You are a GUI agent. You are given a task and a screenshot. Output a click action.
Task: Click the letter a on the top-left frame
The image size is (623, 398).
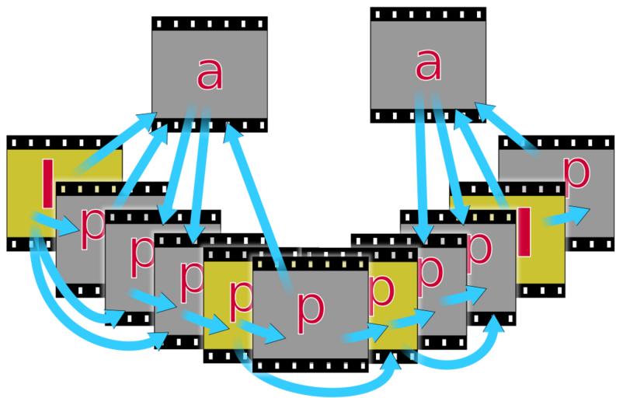click(x=206, y=75)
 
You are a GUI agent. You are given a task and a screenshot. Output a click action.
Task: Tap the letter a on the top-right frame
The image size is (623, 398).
click(x=423, y=66)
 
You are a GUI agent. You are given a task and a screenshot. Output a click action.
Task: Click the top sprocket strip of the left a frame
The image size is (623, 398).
click(x=210, y=23)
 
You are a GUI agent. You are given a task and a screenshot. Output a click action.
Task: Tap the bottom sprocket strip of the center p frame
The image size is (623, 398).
click(x=311, y=363)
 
